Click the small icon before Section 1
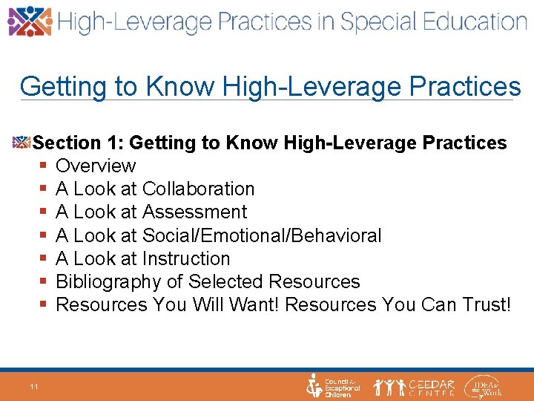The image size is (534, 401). pos(22,142)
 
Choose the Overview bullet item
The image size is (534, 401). pos(96,166)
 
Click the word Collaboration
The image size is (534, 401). pos(198,189)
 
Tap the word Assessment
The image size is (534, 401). pos(194,212)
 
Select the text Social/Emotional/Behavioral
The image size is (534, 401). pos(262,236)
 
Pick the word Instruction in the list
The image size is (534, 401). pos(186,259)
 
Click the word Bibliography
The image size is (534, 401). pos(108,282)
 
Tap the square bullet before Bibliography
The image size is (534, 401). pos(44,282)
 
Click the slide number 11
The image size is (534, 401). pos(34,386)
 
